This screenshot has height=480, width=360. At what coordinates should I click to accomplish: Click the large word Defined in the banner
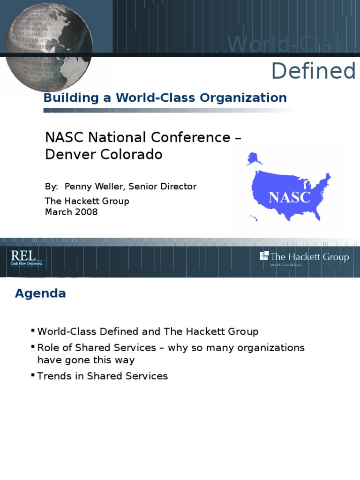pos(314,71)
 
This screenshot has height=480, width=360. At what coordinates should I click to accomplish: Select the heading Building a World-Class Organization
pos(165,97)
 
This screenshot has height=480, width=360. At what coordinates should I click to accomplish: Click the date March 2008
pos(71,212)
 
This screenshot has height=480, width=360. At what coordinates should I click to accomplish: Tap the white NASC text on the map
pos(290,197)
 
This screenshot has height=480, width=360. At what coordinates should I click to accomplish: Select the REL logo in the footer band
pos(26,257)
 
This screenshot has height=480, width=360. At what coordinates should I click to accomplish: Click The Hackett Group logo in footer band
pos(304,257)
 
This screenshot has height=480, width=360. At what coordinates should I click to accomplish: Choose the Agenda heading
pos(40,293)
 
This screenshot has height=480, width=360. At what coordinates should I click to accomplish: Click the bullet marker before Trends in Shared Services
pos(33,375)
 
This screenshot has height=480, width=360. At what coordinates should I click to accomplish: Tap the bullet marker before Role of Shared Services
pos(33,347)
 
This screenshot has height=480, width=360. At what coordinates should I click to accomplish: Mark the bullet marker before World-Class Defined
pos(33,330)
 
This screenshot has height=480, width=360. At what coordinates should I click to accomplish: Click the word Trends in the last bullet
pos(53,376)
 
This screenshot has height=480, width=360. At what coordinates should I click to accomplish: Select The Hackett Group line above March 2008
pos(87,201)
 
